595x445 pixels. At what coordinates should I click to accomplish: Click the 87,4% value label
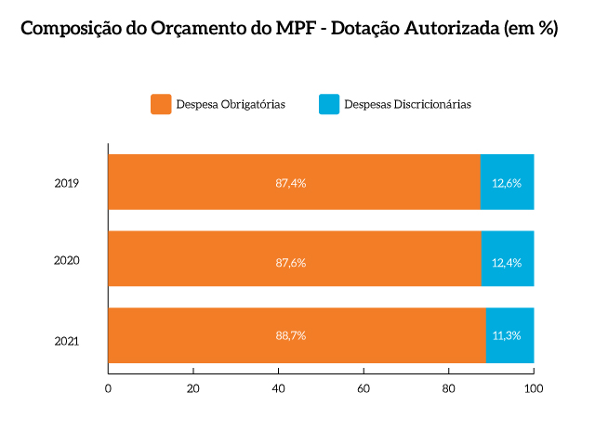(291, 183)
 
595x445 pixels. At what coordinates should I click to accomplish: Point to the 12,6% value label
(507, 183)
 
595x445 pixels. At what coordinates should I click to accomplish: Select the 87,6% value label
(291, 263)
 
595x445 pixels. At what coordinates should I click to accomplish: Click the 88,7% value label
(291, 334)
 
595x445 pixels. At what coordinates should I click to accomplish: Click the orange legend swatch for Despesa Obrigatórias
(161, 104)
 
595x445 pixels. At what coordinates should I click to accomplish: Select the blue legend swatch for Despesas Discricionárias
(329, 104)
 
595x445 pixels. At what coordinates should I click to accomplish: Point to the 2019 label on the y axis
(66, 183)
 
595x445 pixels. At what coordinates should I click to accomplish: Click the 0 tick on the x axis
(109, 387)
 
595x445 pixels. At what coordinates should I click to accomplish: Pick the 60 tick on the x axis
(364, 387)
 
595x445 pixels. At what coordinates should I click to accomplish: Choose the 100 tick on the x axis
(534, 387)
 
